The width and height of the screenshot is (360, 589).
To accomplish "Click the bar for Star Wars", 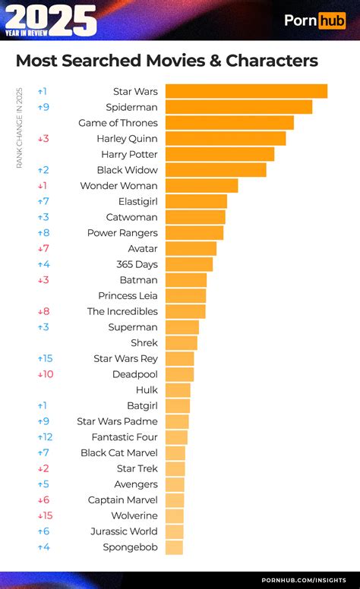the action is coord(247,91).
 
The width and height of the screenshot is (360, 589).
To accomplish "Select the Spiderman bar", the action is coord(239,107).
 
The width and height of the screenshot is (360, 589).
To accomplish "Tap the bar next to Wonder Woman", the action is coord(202,185).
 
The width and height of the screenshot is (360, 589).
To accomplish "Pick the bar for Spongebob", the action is coord(175,547).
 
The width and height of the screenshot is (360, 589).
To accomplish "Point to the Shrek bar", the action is coord(182,342).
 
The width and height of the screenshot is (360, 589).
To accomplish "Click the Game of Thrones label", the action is coord(118,123).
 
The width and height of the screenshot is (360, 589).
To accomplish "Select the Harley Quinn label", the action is coord(127,139).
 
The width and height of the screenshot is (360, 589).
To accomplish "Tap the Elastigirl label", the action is coord(138,202).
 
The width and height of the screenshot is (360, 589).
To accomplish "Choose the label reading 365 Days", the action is coord(137,264).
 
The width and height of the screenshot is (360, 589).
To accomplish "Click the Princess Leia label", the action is coord(128,295).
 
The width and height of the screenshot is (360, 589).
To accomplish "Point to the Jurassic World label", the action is coord(124,531).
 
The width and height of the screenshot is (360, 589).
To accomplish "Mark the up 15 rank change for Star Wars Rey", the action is coord(45,359).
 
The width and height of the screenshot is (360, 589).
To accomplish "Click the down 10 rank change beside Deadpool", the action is coord(46,374).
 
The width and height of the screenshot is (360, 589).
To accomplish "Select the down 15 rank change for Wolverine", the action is coord(45,515).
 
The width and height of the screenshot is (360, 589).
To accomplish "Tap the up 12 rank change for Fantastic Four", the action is coord(45,437).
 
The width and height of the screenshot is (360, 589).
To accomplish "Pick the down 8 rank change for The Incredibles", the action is coord(43,311).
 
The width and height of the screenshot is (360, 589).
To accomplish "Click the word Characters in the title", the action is coord(272,61).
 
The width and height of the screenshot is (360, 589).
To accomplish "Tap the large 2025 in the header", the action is coord(51,19).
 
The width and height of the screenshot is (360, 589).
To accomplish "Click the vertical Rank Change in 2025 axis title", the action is coord(19,128).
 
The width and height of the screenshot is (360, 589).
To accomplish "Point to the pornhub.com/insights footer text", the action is coord(304,581).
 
